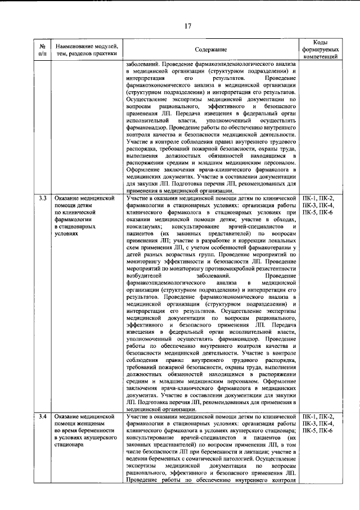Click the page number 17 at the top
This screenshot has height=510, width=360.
point(179,24)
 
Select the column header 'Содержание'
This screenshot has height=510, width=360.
point(211,50)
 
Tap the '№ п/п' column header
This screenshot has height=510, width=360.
point(42,50)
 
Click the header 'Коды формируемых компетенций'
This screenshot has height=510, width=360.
point(320,50)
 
